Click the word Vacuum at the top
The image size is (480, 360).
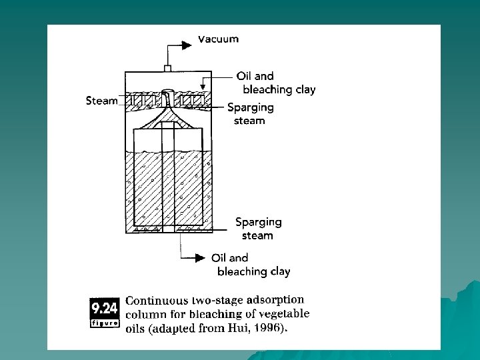[218, 39]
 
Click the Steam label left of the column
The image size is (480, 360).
[101, 101]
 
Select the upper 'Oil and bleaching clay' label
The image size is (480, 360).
[279, 83]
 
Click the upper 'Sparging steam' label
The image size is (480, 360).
[250, 113]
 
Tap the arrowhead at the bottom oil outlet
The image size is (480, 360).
[199, 257]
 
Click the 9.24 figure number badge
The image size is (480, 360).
[104, 309]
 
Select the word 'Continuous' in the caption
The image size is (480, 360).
[156, 301]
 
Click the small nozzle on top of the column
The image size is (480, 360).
[168, 68]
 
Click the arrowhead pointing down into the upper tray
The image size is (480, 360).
[205, 86]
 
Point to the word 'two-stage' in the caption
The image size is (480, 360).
[216, 301]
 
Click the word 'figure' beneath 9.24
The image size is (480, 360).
[104, 323]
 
